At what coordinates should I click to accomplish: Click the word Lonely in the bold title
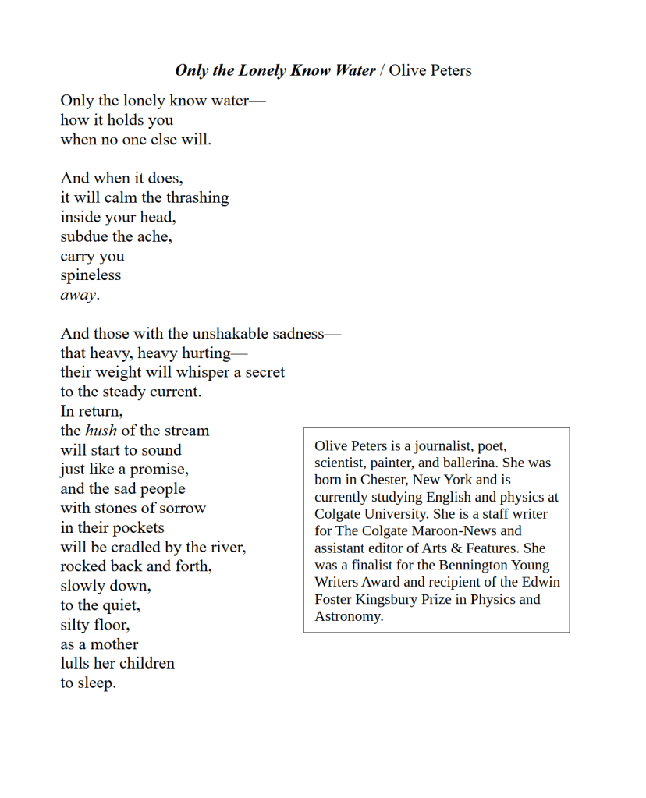pyautogui.click(x=262, y=70)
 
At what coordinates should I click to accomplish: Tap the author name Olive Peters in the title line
pyautogui.click(x=430, y=70)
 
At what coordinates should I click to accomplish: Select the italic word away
pyautogui.click(x=79, y=295)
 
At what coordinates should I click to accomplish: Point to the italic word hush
pyautogui.click(x=101, y=431)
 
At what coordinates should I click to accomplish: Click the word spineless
pyautogui.click(x=91, y=275)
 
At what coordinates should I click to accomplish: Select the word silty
pyautogui.click(x=77, y=625)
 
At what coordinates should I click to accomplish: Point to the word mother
pyautogui.click(x=113, y=644)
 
